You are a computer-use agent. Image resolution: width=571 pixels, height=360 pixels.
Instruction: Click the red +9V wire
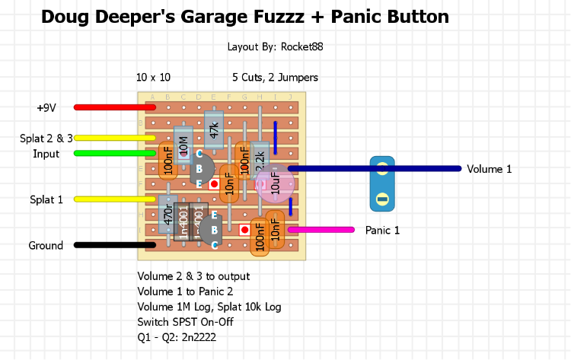114,107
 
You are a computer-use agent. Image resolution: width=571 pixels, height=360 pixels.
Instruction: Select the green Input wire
114,153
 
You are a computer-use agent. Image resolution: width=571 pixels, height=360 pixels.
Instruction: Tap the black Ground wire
114,245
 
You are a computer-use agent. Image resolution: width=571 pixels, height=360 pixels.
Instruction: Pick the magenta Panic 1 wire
320,229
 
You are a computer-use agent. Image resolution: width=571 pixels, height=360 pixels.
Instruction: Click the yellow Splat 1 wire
114,199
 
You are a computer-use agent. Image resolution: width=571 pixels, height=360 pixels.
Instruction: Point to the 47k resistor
214,129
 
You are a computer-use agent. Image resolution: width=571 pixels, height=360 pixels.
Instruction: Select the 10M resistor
183,144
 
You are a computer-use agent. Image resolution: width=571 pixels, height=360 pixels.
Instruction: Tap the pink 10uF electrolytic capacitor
275,183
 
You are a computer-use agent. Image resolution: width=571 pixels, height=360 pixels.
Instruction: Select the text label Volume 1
489,169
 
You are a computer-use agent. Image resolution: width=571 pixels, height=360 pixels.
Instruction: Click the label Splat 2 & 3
46,138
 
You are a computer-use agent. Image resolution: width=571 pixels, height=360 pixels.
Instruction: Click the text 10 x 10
153,78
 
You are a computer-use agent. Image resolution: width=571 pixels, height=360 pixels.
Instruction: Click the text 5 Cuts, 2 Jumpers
275,78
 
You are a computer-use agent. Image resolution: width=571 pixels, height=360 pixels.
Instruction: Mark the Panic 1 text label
382,230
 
